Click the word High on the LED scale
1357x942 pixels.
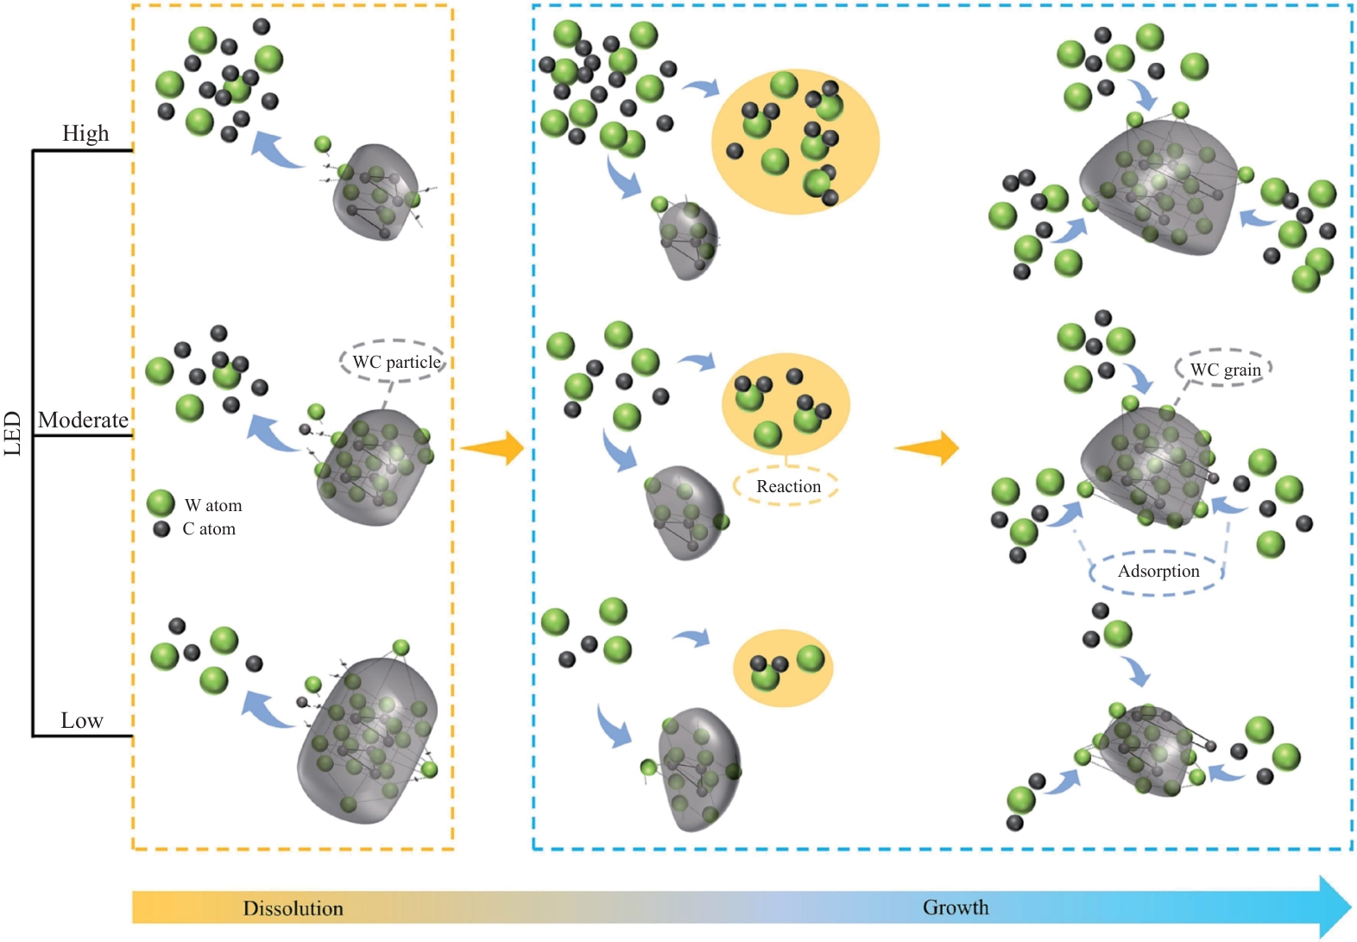tap(85, 133)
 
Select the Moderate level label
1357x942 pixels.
tap(83, 420)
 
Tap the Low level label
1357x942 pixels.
tap(82, 720)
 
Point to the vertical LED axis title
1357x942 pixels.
tap(13, 433)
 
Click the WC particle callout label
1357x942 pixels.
tap(397, 363)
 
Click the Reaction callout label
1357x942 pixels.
tap(789, 486)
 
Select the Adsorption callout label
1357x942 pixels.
tap(1158, 572)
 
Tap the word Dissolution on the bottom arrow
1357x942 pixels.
tap(293, 908)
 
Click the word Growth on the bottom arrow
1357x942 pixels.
tap(956, 907)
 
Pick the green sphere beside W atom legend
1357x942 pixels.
tap(161, 503)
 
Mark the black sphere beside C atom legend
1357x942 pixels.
tap(161, 529)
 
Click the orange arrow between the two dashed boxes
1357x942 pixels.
tap(492, 448)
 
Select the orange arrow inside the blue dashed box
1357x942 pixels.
tap(927, 448)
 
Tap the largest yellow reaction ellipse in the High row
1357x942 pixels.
tap(795, 141)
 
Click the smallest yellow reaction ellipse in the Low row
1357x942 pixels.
tap(783, 668)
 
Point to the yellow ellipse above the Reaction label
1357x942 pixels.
tap(786, 404)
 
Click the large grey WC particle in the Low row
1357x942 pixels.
tap(367, 740)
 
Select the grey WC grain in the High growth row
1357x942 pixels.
tap(1158, 187)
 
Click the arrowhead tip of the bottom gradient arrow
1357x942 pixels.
tap(1352, 907)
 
